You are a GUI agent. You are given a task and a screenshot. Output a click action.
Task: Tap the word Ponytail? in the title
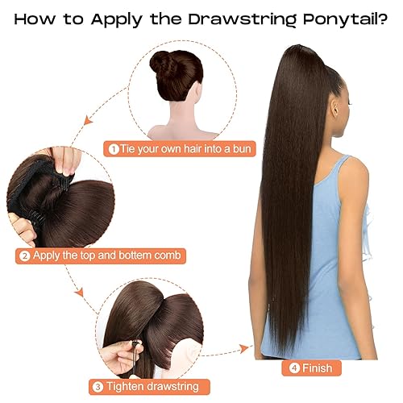tap(339, 19)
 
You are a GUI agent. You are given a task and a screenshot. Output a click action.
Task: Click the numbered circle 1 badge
tap(114, 148)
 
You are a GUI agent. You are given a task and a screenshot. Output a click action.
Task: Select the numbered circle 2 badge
tap(25, 256)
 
